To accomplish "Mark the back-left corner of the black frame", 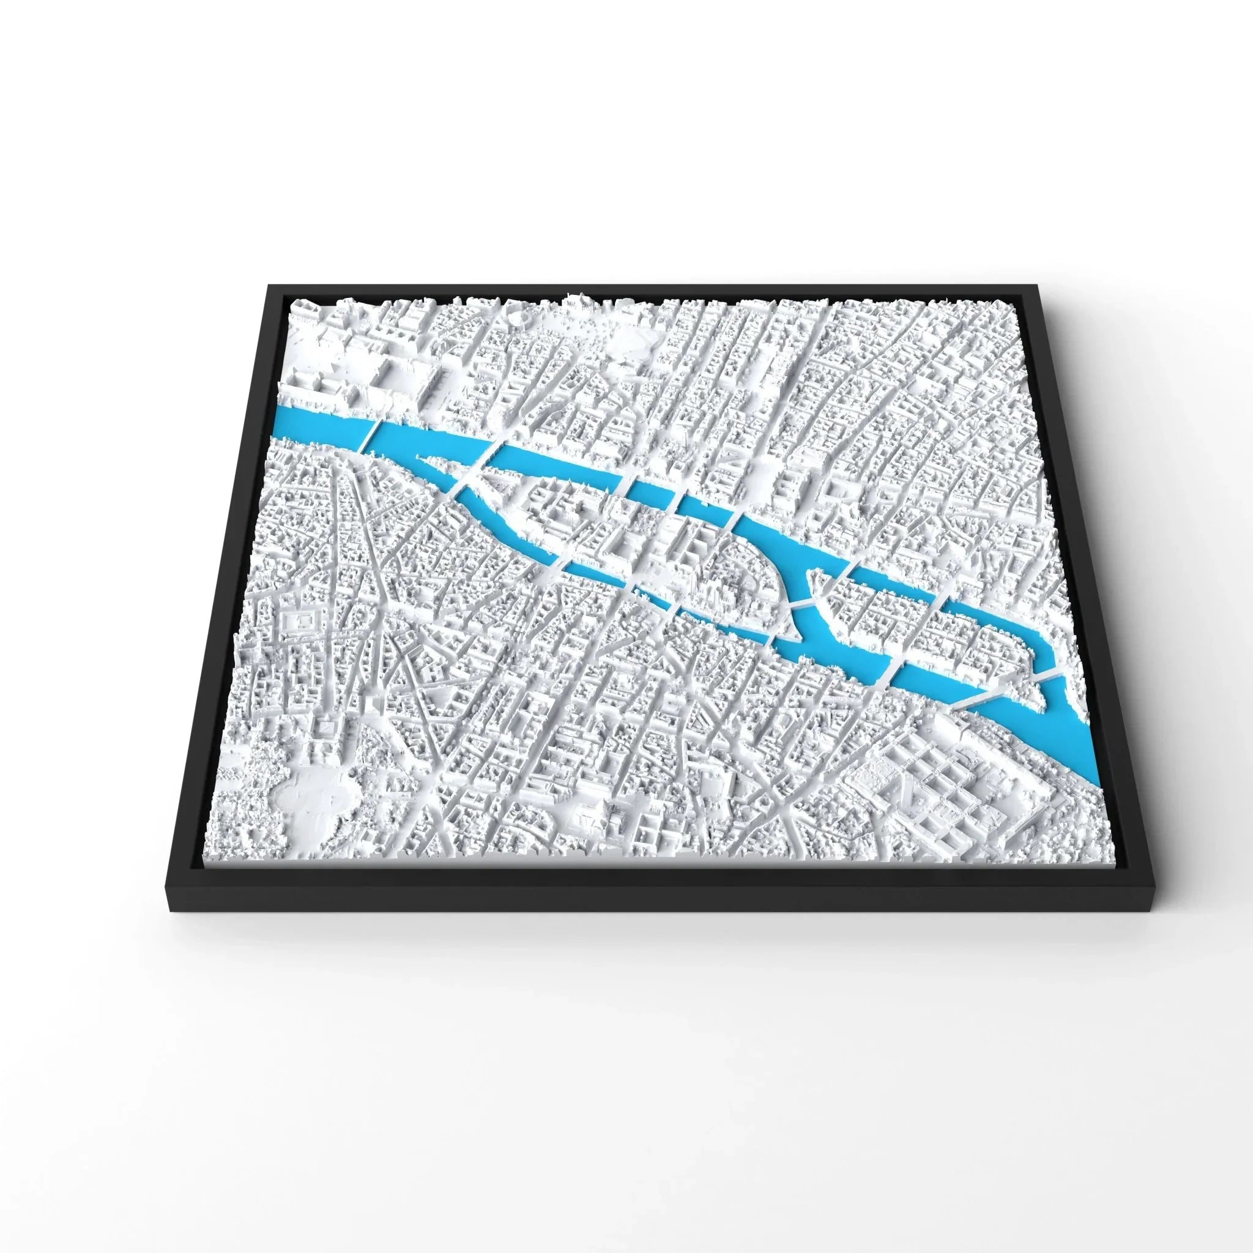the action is click(x=268, y=285).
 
